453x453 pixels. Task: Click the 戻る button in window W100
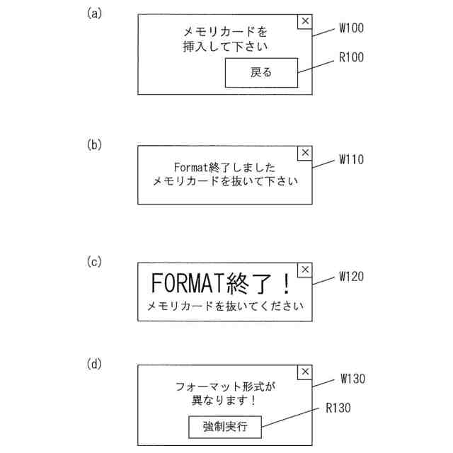point(261,72)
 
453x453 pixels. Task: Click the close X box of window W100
point(305,21)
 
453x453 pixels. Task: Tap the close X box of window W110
point(305,152)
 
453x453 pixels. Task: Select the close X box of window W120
point(305,270)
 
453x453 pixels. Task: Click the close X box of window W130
point(305,372)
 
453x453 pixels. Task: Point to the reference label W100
point(351,29)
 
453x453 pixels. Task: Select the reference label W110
point(351,160)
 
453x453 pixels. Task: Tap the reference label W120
point(351,277)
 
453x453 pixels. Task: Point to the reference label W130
point(352,379)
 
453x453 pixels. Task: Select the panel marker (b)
point(94,144)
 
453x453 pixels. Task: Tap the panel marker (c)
point(94,262)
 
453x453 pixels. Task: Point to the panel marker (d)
point(94,365)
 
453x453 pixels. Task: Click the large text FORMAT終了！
point(222,284)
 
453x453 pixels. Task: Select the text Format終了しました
point(224,167)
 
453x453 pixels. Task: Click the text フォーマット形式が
point(224,386)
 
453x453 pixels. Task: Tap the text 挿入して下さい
point(224,47)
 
